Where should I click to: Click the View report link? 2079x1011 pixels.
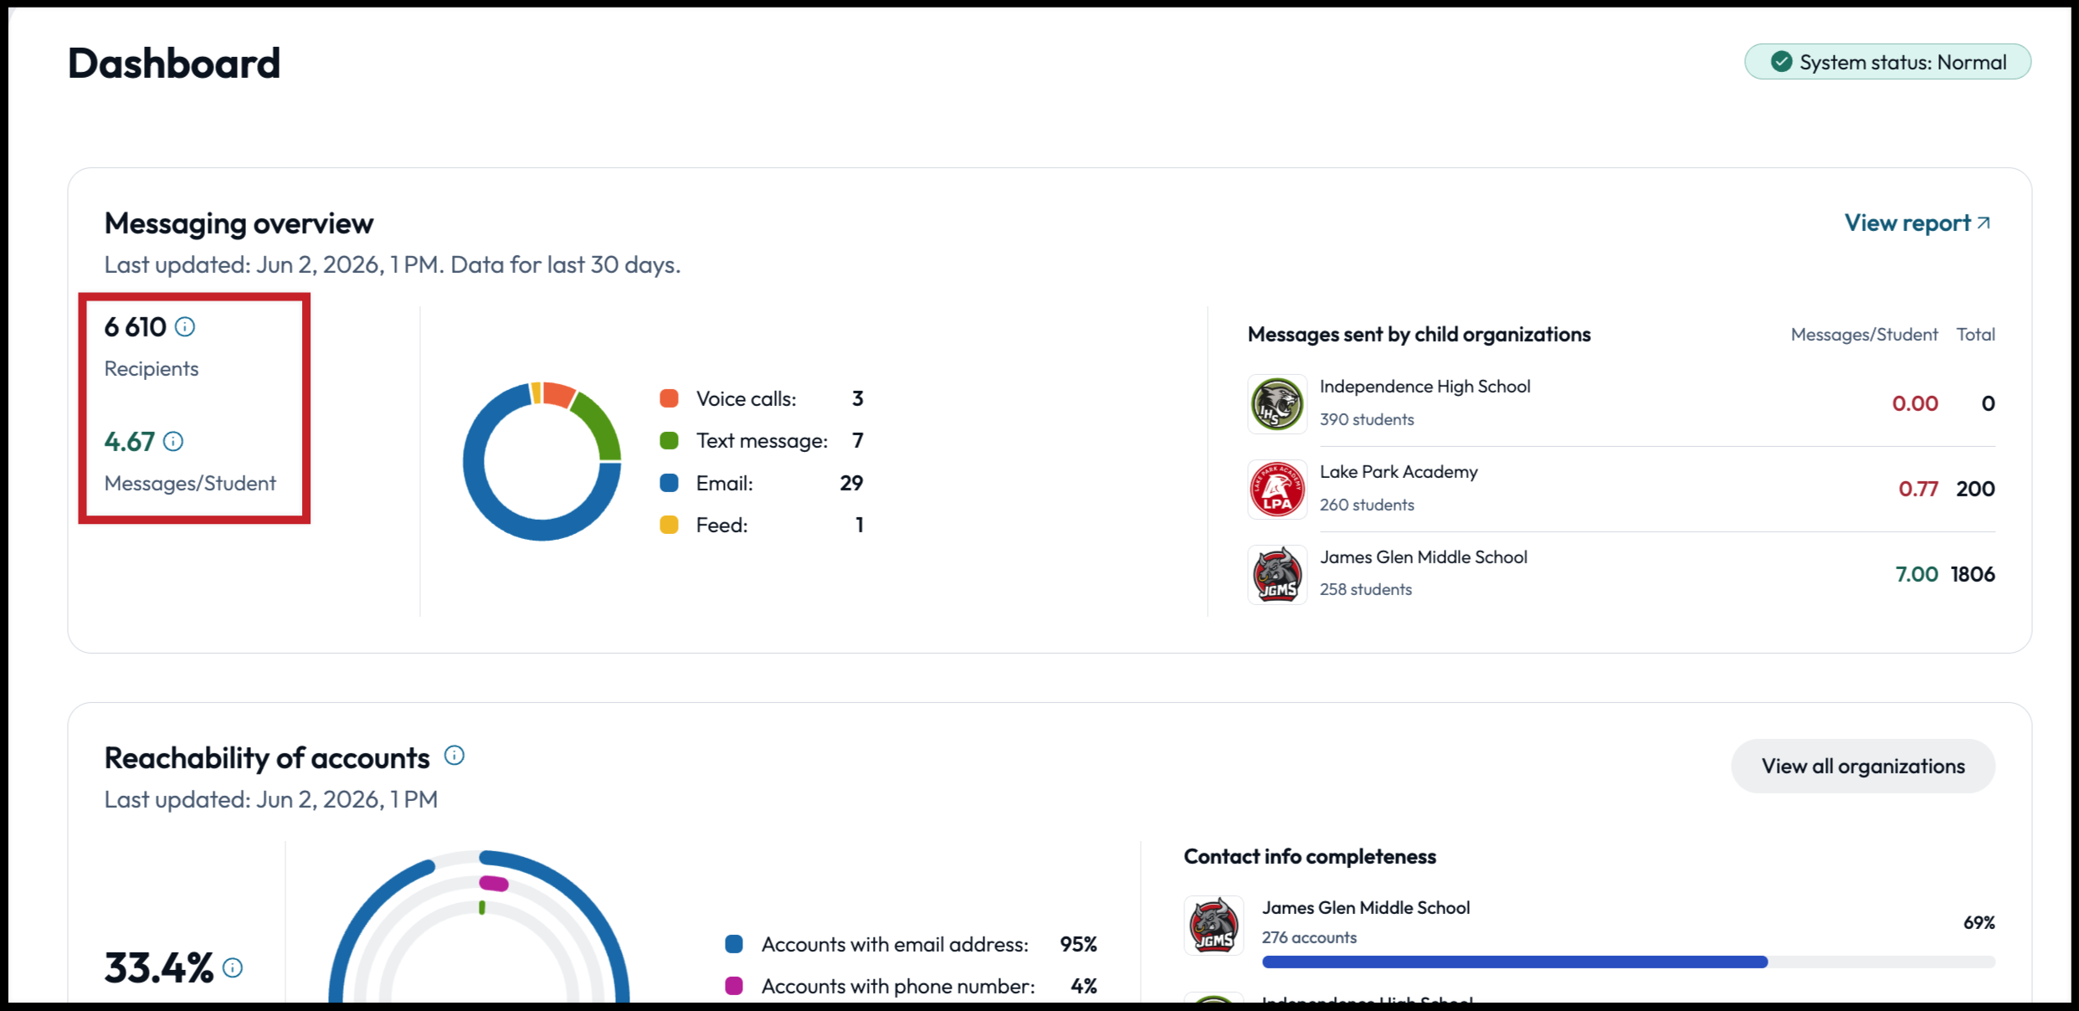coord(1917,223)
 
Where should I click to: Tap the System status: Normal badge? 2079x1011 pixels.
coord(1887,62)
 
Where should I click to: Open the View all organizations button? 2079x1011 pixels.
coord(1863,766)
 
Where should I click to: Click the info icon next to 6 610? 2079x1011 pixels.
coord(185,327)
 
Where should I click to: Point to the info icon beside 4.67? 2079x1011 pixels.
coord(173,441)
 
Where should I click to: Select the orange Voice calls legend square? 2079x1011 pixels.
coord(669,398)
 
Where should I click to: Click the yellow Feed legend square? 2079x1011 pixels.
coord(669,525)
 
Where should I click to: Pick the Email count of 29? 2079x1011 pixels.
coord(851,483)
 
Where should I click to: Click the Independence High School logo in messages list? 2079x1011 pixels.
coord(1277,404)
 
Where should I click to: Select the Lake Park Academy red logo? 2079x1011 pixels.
coord(1277,490)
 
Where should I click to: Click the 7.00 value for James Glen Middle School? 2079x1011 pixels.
coord(1917,574)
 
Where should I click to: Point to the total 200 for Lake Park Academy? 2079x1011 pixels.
coord(1975,489)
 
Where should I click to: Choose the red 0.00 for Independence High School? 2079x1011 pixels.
coord(1915,403)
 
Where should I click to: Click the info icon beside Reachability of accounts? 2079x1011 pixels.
coord(454,756)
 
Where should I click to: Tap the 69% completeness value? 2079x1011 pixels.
coord(1979,922)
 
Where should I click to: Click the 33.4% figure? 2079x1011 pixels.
coord(159,967)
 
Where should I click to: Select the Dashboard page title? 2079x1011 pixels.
coord(174,64)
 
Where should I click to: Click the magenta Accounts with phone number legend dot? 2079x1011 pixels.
coord(734,986)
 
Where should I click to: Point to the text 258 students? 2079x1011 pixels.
coord(1366,589)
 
